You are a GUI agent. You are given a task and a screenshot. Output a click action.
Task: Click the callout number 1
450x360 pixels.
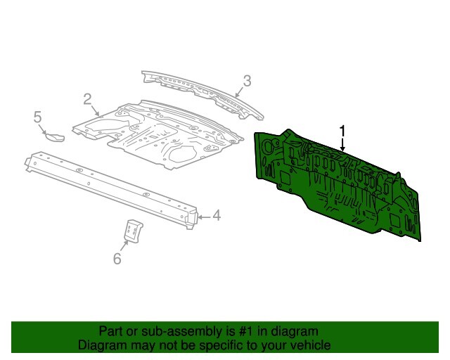pyautogui.click(x=342, y=131)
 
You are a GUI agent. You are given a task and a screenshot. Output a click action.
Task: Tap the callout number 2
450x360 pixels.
pyautogui.click(x=87, y=99)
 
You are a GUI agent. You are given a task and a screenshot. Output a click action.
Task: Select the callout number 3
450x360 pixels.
pyautogui.click(x=247, y=81)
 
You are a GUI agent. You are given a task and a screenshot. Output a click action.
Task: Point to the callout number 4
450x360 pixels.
pyautogui.click(x=217, y=215)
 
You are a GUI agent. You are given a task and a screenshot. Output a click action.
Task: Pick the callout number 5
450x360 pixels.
pyautogui.click(x=37, y=117)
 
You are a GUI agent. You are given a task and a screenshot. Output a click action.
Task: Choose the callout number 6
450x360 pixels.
pyautogui.click(x=117, y=258)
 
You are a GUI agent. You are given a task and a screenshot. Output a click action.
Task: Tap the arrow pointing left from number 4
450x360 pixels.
pyautogui.click(x=203, y=217)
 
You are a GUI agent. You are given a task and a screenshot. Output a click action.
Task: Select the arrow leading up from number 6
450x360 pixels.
pyautogui.click(x=124, y=245)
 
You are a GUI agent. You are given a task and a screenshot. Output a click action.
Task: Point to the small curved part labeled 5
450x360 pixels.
pyautogui.click(x=56, y=138)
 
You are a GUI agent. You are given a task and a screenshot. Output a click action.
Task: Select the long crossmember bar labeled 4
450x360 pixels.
pyautogui.click(x=112, y=189)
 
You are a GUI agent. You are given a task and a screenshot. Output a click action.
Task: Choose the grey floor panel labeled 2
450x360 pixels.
pyautogui.click(x=157, y=135)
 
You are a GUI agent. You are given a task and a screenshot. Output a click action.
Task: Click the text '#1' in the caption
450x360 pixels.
pyautogui.click(x=245, y=331)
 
